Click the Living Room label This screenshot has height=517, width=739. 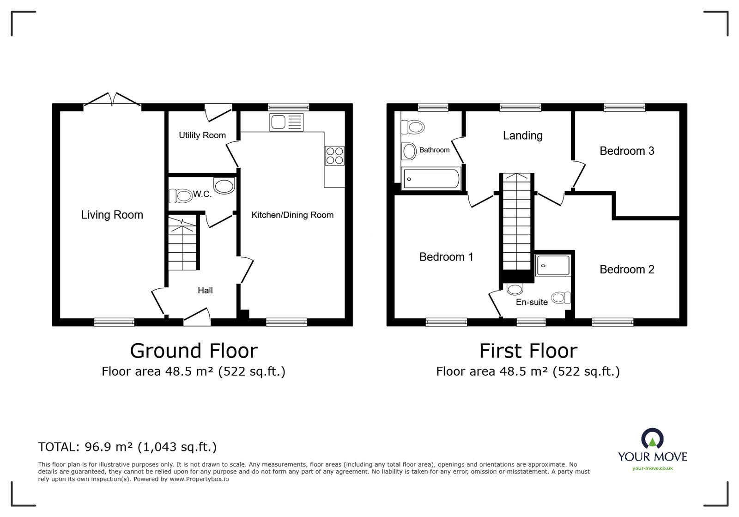[x=112, y=215]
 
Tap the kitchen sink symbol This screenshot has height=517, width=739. [x=286, y=122]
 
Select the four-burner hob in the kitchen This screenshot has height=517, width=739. [x=335, y=155]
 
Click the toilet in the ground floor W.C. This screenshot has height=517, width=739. [x=181, y=196]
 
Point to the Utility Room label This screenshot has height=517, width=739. [x=202, y=135]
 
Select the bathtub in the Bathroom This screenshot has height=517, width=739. [x=431, y=178]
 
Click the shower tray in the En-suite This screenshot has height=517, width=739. [x=553, y=266]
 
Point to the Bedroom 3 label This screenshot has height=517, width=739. [x=627, y=151]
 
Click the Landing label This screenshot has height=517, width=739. [x=522, y=136]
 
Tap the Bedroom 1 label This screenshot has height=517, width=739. [x=446, y=257]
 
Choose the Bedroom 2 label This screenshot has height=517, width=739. [x=627, y=269]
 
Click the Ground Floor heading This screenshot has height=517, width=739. [x=194, y=351]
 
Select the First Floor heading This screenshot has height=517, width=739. [x=528, y=351]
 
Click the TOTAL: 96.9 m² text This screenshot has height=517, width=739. [x=127, y=447]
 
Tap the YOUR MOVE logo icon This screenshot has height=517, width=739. [x=652, y=439]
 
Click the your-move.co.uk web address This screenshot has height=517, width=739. [x=652, y=468]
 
